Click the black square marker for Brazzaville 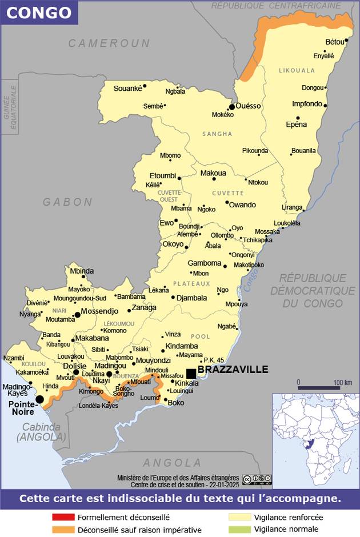[x=191, y=373]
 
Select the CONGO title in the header [x=39, y=13]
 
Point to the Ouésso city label [x=249, y=106]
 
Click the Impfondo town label [x=307, y=104]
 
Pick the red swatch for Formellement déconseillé [x=63, y=517]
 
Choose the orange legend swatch [x=63, y=530]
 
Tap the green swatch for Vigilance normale [x=239, y=530]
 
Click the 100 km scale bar [x=318, y=388]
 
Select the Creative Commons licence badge [x=257, y=479]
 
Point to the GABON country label [x=67, y=202]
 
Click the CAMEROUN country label [x=109, y=43]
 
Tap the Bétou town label [x=335, y=42]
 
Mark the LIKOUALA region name [x=297, y=71]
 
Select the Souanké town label [x=127, y=87]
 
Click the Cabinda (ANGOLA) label [x=41, y=432]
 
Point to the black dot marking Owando [x=226, y=202]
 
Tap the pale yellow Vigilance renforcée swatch [x=239, y=517]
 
